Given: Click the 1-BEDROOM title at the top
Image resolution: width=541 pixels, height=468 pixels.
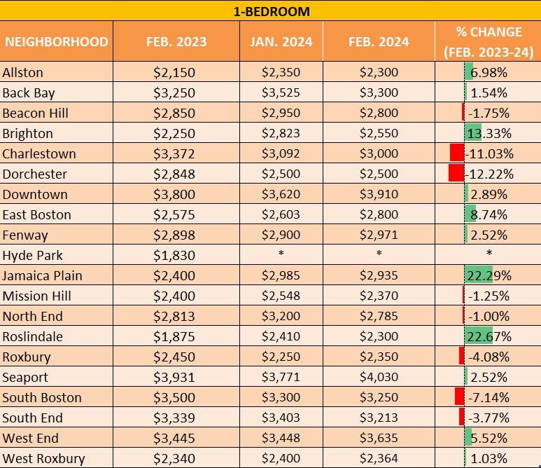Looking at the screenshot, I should (x=271, y=11).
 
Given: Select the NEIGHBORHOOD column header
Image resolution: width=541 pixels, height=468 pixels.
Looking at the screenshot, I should (x=56, y=41).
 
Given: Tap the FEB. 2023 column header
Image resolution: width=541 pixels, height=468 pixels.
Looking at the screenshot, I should (x=176, y=41).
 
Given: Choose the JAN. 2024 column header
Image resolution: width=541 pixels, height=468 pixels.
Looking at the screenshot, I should (x=281, y=41).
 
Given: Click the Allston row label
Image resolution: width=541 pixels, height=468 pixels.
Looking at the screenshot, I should (x=22, y=72).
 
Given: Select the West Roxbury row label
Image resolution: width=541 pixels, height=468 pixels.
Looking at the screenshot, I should (x=43, y=459).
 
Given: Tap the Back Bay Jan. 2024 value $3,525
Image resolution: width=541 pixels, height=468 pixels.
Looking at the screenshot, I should (x=281, y=92).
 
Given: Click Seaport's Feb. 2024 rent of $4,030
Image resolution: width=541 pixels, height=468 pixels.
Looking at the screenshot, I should (x=379, y=377).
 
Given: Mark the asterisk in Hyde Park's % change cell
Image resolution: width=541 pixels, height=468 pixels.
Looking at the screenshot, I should (x=489, y=254).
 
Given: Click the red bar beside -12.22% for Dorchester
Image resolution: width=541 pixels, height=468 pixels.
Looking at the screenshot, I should (x=456, y=173).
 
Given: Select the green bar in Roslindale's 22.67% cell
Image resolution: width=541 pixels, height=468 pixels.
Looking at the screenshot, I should (x=478, y=336).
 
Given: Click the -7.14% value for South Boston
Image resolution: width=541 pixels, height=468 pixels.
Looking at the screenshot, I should (x=489, y=397).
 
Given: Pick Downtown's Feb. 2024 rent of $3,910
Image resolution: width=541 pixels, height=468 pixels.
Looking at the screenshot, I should (x=379, y=194).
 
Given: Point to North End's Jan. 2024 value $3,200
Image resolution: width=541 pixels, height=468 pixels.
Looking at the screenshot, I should (x=281, y=316).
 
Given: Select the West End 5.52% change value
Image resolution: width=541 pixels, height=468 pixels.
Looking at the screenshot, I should (x=489, y=438).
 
